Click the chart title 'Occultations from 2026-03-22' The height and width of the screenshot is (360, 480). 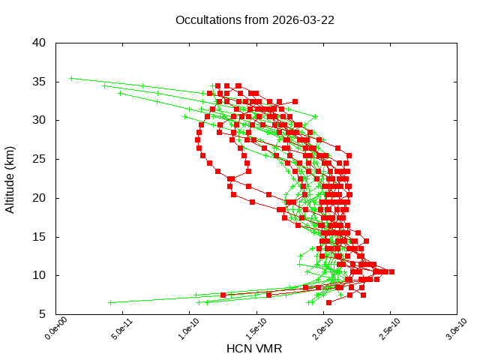pyautogui.click(x=255, y=19)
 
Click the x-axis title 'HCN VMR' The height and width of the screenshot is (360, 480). pyautogui.click(x=254, y=349)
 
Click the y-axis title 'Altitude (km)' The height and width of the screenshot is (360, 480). pyautogui.click(x=10, y=178)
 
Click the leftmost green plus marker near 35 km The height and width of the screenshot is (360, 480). pyautogui.click(x=71, y=78)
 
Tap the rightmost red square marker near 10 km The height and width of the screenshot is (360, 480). pyautogui.click(x=391, y=271)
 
